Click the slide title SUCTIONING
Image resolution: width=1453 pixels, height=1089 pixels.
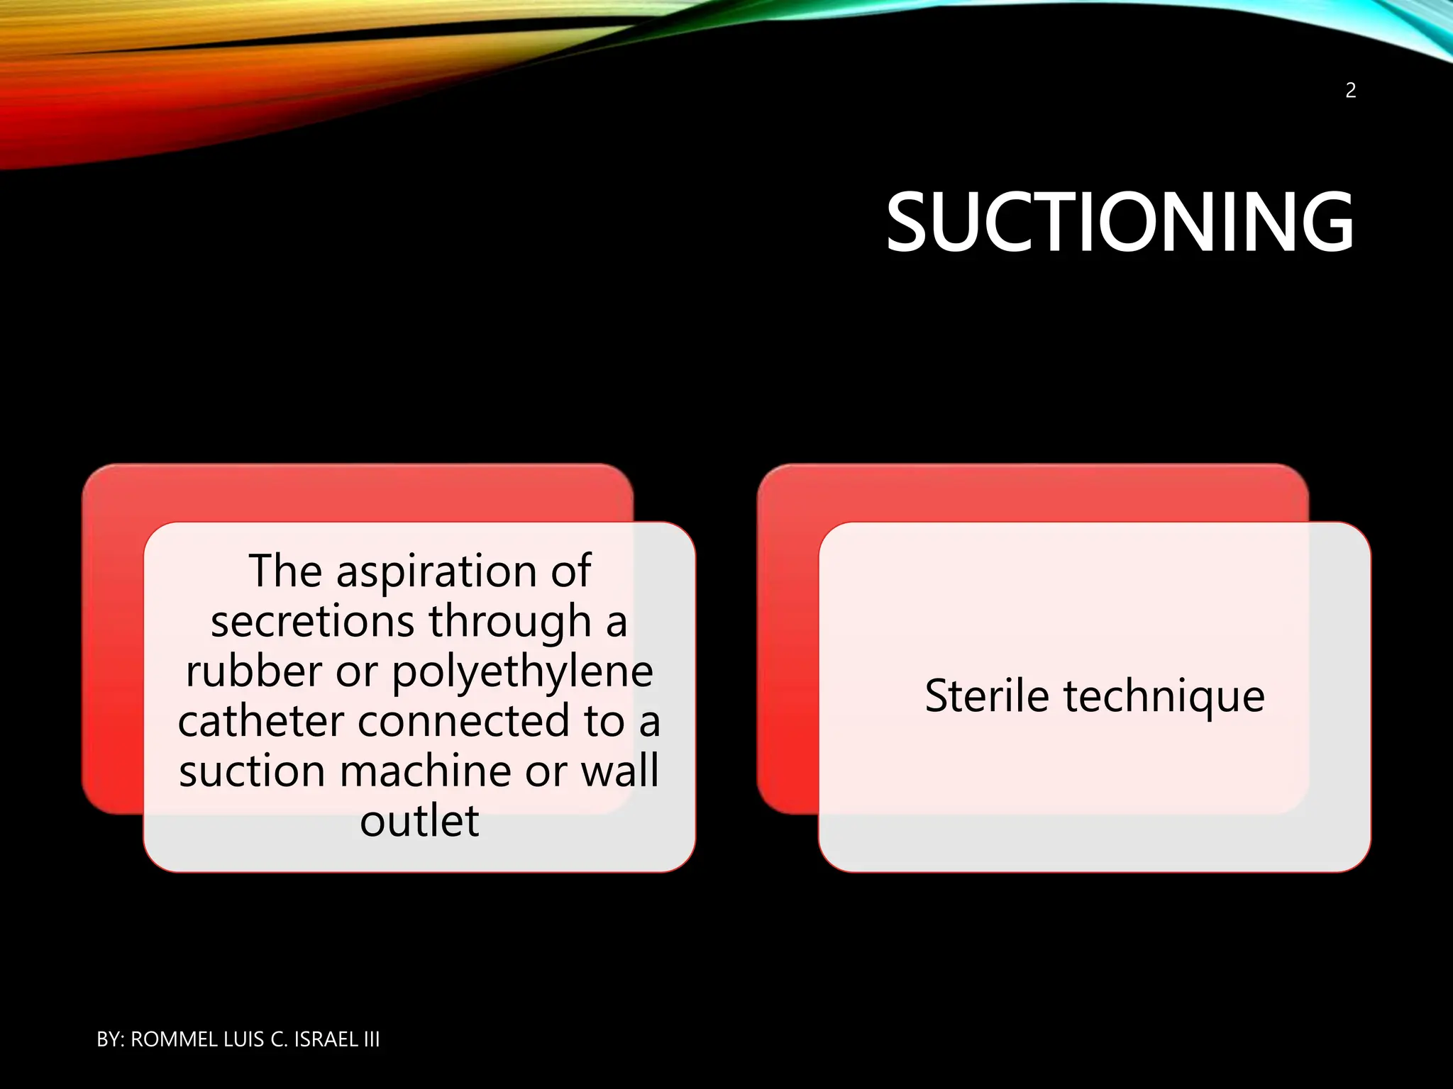point(1120,223)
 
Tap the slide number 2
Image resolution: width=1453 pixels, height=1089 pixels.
point(1350,91)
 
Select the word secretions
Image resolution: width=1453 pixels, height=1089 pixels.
point(312,621)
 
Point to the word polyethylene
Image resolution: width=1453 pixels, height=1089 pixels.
point(522,672)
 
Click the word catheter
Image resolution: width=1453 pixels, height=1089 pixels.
point(261,721)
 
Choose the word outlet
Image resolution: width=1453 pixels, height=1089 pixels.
point(419,821)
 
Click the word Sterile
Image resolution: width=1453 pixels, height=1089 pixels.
point(986,696)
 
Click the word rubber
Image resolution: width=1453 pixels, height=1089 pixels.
point(254,671)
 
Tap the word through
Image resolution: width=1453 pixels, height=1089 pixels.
point(509,622)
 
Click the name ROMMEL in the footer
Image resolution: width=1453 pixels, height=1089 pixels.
point(174,1039)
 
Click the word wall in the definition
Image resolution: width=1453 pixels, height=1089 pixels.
point(619,771)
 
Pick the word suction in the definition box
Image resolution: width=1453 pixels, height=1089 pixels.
point(252,771)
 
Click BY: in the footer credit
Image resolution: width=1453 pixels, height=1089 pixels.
point(110,1039)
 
